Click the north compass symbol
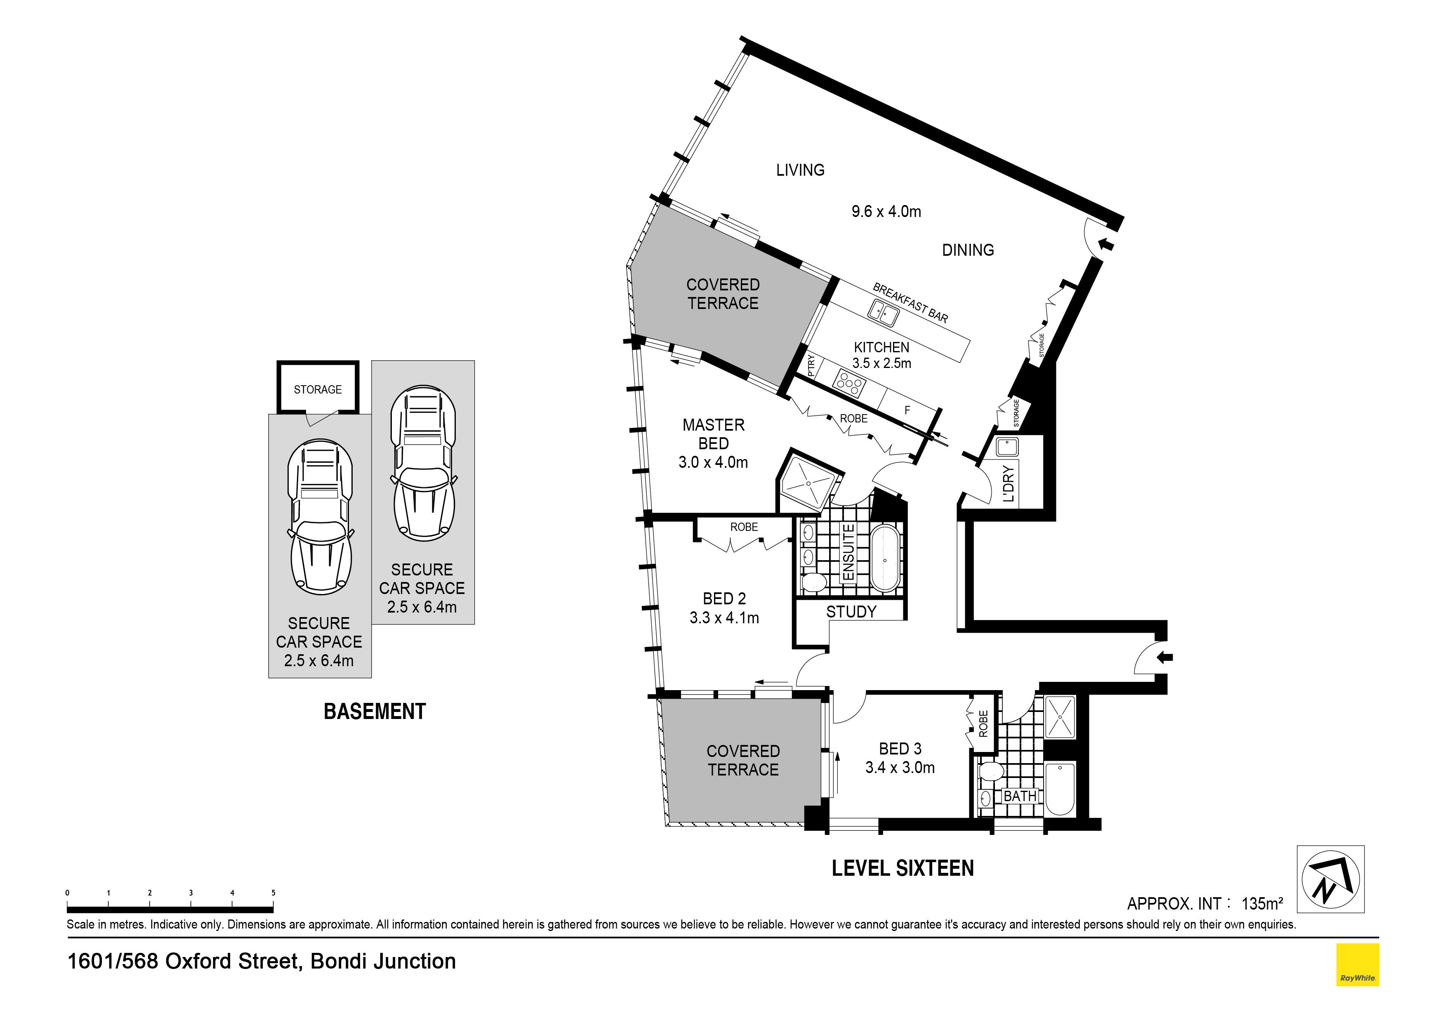[1330, 880]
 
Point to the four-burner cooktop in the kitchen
[850, 383]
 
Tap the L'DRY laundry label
[1009, 483]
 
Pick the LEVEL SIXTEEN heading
[903, 869]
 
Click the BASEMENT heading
[375, 712]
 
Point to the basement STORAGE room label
[318, 389]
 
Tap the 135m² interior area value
[1262, 904]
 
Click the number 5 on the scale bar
[273, 893]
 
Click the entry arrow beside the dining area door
[1105, 243]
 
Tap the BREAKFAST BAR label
[910, 302]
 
